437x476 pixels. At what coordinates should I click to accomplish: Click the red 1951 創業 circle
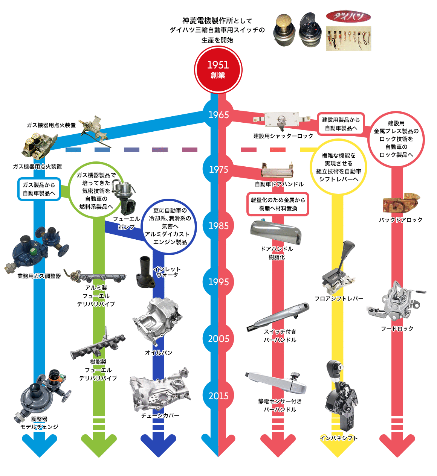pos(218,70)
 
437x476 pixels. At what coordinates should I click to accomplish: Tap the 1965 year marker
pos(218,115)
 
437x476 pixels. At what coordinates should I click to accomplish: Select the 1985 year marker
pos(218,226)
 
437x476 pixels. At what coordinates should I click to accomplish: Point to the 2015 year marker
pos(218,396)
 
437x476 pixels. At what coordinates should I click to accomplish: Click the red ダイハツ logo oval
pos(348,17)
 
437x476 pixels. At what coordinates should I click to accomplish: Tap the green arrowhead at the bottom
pos(99,446)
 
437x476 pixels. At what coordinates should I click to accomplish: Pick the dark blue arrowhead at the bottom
pos(158,446)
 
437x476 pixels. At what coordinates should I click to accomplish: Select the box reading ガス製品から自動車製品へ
pos(39,189)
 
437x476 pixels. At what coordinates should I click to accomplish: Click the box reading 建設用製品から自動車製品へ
pos(341,124)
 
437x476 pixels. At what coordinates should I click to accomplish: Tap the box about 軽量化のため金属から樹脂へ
pos(278,204)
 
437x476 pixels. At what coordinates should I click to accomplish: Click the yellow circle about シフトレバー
pos(338,167)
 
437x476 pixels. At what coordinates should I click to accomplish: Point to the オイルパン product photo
pos(158,322)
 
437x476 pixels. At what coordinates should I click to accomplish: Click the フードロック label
pos(397,328)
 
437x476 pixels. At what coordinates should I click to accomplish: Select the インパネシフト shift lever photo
pos(340,397)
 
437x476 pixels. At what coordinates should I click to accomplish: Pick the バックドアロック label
pos(400,220)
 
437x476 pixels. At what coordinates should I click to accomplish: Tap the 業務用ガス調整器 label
pos(39,276)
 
